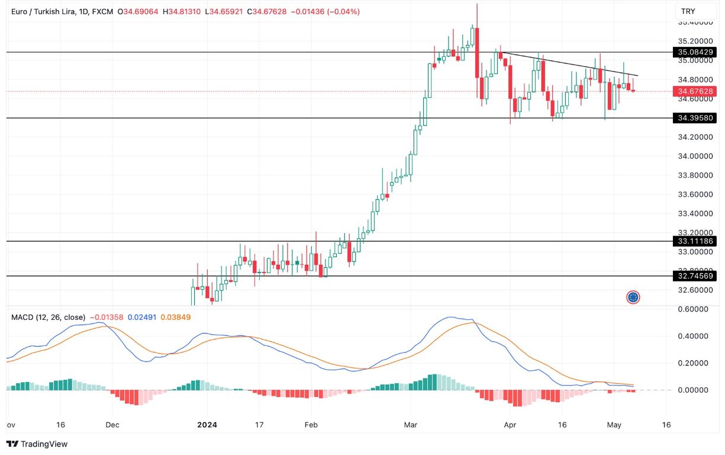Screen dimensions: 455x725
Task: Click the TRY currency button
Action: pyautogui.click(x=688, y=11)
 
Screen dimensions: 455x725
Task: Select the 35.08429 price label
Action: pyautogui.click(x=695, y=52)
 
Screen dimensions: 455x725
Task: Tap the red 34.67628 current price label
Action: pyautogui.click(x=695, y=91)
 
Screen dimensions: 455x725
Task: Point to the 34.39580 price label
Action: pyautogui.click(x=695, y=118)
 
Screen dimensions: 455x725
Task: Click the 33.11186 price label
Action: pyautogui.click(x=695, y=241)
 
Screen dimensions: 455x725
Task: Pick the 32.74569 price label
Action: pyautogui.click(x=695, y=276)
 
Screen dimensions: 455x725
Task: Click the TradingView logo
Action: pyautogui.click(x=37, y=444)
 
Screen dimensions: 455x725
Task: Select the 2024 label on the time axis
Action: pyautogui.click(x=207, y=425)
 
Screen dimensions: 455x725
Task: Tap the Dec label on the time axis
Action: pyautogui.click(x=113, y=425)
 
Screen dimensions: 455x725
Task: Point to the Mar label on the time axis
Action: pyautogui.click(x=410, y=425)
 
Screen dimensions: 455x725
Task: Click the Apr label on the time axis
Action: pyautogui.click(x=510, y=425)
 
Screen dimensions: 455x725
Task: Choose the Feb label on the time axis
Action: pyautogui.click(x=311, y=425)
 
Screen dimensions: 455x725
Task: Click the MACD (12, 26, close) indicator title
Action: pyautogui.click(x=48, y=318)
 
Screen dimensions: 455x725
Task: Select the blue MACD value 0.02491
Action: pyautogui.click(x=142, y=318)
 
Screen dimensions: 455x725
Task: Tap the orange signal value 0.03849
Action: pyautogui.click(x=176, y=318)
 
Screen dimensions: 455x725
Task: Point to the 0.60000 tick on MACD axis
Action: pyautogui.click(x=693, y=309)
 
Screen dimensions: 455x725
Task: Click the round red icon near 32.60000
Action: pyautogui.click(x=633, y=297)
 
